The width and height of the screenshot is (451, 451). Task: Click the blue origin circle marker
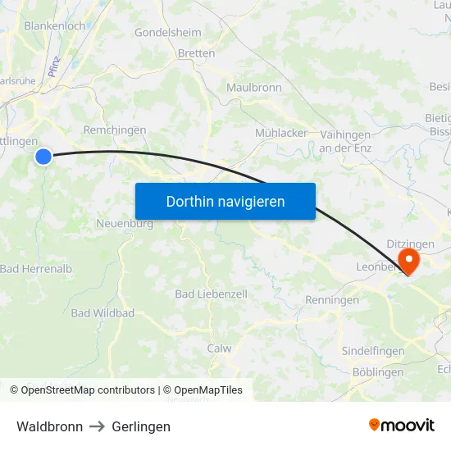point(43,156)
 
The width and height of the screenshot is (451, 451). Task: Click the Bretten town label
point(197,53)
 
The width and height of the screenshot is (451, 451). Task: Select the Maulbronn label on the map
point(254,88)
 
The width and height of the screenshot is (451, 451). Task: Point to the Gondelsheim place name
point(167,34)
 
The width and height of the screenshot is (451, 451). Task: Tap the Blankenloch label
point(55,25)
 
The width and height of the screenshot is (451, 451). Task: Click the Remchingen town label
point(115,130)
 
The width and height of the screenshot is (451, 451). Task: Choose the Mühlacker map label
point(281,133)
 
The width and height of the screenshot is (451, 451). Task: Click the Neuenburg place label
point(125,224)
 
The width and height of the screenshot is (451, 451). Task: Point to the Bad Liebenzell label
point(211,294)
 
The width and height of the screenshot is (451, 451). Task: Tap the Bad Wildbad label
point(102,313)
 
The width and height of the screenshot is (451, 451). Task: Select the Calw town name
point(219,348)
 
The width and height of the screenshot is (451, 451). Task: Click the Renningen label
point(332,300)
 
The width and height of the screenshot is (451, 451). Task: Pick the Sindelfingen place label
point(373,351)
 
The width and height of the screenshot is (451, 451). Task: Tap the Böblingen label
point(377,372)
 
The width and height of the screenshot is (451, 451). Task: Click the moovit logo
point(401,425)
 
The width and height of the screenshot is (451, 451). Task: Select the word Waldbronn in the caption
point(49,426)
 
